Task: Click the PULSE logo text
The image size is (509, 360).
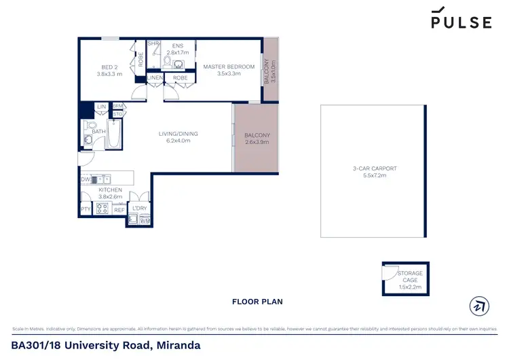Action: tap(461, 22)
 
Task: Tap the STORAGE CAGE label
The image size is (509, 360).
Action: tap(410, 277)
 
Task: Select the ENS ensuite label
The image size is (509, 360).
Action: tap(178, 47)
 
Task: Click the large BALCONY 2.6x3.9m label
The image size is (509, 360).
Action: tap(257, 139)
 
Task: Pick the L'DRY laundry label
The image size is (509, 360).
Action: tap(140, 208)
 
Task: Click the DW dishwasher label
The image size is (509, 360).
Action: tap(85, 179)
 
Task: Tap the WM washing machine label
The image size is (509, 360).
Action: tap(145, 221)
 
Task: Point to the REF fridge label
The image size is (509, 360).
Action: tap(119, 211)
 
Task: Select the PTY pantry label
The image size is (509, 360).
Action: tap(86, 211)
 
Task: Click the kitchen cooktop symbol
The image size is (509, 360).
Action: tap(102, 209)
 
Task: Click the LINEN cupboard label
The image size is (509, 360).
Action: tap(155, 78)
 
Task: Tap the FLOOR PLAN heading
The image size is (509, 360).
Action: tap(257, 302)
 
